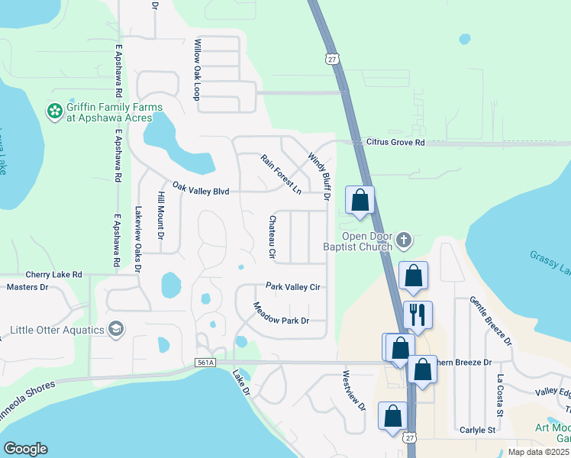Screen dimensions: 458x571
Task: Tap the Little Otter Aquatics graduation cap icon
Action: [115, 329]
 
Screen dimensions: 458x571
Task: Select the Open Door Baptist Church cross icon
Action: [404, 241]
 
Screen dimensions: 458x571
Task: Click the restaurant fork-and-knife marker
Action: [418, 313]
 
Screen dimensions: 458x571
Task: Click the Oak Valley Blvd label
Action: [201, 189]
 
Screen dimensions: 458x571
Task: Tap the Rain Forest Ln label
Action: [280, 173]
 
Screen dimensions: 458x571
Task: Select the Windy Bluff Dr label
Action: [318, 176]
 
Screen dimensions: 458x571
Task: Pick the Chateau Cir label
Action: [271, 236]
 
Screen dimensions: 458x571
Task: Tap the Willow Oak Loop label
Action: [196, 69]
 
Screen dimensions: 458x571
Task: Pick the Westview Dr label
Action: [354, 392]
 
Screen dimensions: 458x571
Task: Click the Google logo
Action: [26, 449]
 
